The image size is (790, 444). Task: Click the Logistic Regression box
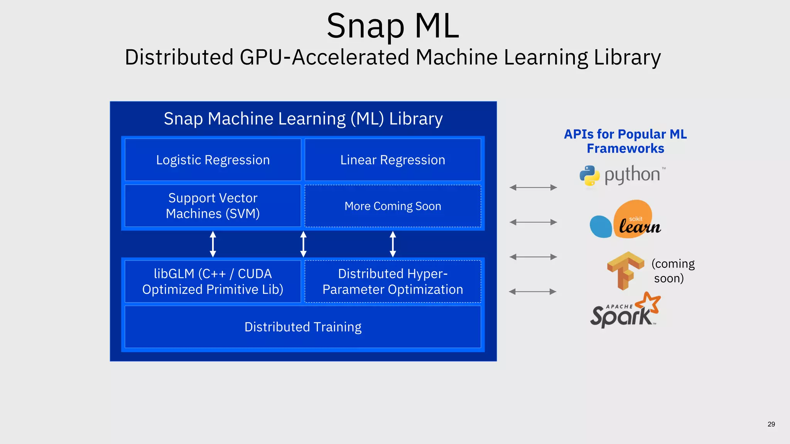213,160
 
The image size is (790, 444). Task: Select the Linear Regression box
393,160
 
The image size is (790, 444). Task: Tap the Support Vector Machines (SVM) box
213,206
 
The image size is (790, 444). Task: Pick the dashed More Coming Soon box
393,206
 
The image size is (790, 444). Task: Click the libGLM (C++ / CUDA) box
213,281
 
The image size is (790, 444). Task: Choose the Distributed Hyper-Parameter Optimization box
393,281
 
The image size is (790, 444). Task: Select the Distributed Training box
303,327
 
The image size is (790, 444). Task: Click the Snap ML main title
393,26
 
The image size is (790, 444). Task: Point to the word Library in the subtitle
627,57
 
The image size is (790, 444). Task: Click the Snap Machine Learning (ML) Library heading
303,119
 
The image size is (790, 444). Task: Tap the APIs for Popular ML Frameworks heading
625,141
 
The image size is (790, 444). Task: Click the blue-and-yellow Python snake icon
589,176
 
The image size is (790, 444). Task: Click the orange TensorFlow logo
625,270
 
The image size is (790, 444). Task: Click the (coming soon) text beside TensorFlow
672,271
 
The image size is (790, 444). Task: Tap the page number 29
771,424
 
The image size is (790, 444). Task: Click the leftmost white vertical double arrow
213,244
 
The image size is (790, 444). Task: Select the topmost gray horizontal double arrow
533,187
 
